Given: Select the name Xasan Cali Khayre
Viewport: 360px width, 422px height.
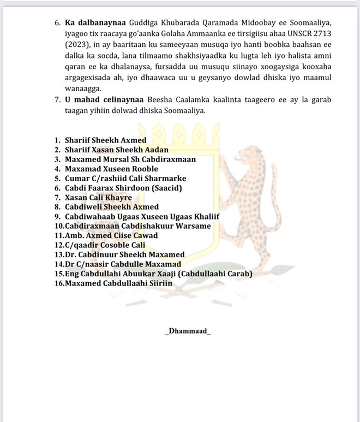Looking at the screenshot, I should point(98,197).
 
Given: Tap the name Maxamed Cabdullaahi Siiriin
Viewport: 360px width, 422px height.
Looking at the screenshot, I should point(118,283).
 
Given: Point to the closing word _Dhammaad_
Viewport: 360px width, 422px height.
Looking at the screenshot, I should point(187,331).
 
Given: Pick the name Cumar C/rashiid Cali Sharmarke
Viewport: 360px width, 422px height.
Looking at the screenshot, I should point(125,178).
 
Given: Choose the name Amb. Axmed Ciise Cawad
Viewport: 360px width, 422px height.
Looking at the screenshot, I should point(111,235).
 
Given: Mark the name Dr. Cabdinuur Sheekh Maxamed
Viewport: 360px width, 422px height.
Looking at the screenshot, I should point(124,254).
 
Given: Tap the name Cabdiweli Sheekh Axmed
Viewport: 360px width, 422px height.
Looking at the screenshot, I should point(111,207).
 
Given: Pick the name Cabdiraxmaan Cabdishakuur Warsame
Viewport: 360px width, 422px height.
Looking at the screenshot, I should point(137,226).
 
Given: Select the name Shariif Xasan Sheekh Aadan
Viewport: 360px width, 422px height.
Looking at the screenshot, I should point(116,150).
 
